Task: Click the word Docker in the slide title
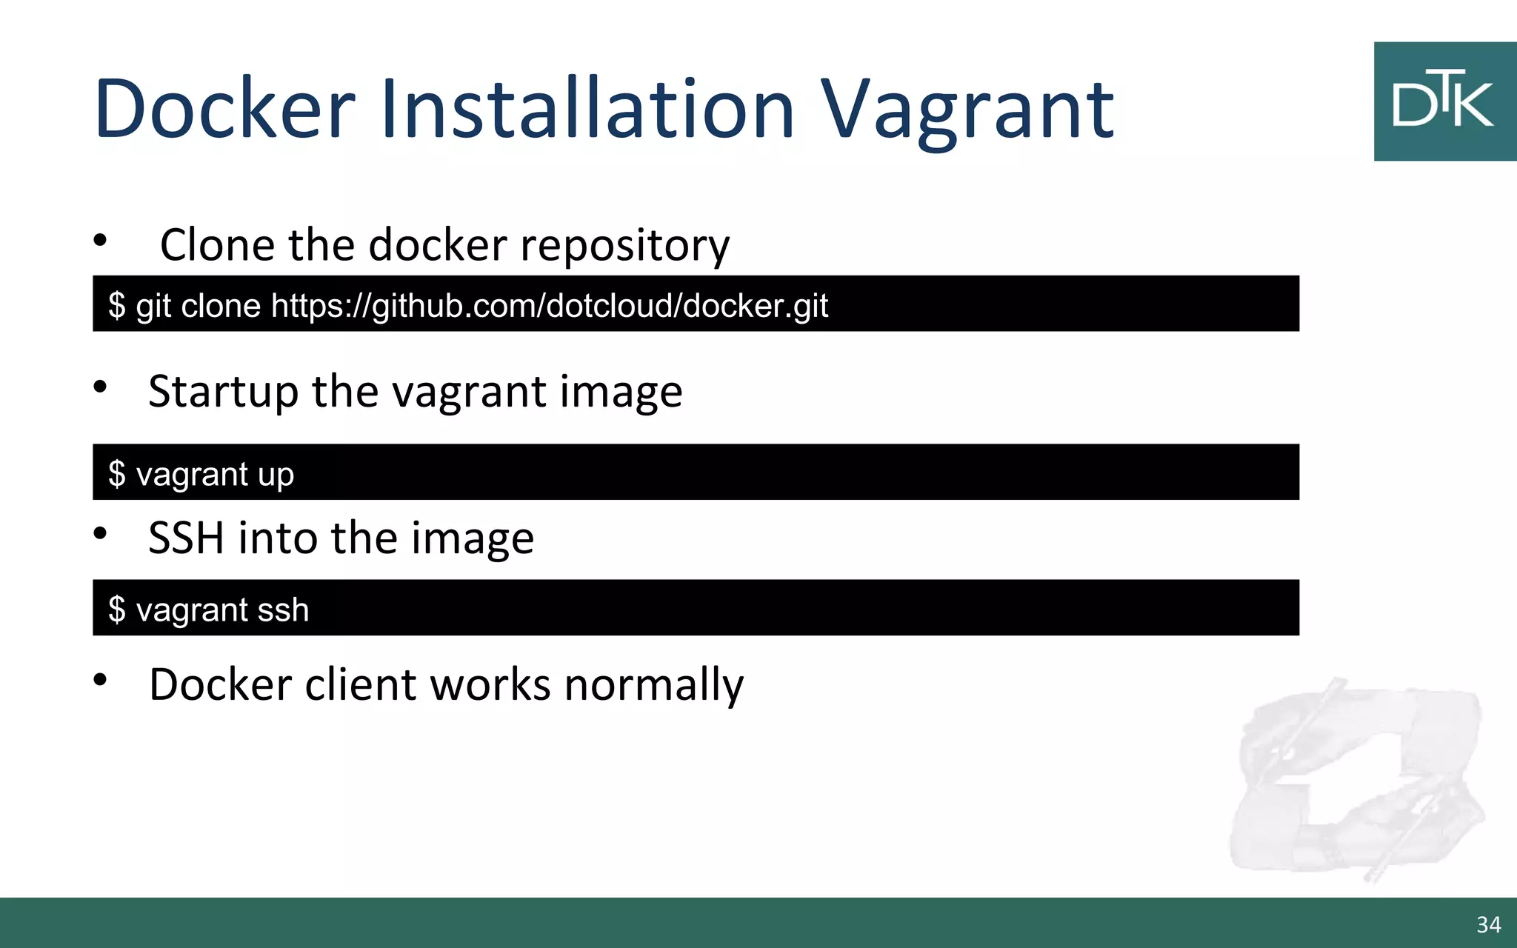pyautogui.click(x=224, y=110)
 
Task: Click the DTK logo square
pyautogui.click(x=1444, y=101)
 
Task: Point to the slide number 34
pyautogui.click(x=1488, y=924)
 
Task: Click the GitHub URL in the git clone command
pyautogui.click(x=549, y=305)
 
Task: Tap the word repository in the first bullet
pyautogui.click(x=624, y=246)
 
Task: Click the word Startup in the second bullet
pyautogui.click(x=223, y=393)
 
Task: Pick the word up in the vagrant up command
pyautogui.click(x=276, y=475)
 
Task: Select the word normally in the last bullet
pyautogui.click(x=653, y=684)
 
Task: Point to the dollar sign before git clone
pyautogui.click(x=117, y=305)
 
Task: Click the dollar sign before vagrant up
pyautogui.click(x=117, y=474)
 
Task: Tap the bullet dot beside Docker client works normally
pyautogui.click(x=101, y=679)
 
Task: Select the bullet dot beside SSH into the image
pyautogui.click(x=101, y=533)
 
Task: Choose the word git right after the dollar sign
pyautogui.click(x=153, y=305)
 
